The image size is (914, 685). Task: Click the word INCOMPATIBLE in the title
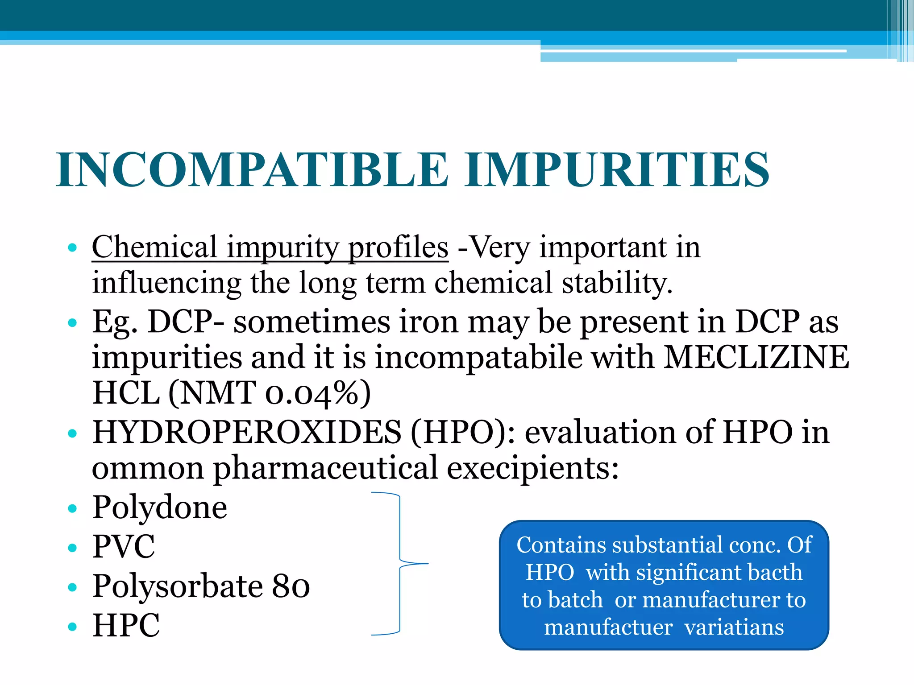click(252, 170)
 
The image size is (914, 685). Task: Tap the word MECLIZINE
click(756, 358)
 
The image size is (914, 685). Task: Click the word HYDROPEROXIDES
click(246, 432)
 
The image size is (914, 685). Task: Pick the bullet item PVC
click(124, 547)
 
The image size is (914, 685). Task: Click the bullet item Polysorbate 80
click(201, 586)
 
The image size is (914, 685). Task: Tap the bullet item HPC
click(126, 625)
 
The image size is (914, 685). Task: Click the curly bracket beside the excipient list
click(400, 564)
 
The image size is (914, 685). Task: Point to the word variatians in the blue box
click(734, 627)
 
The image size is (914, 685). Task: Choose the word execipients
click(533, 469)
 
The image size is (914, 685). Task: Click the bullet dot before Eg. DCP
click(72, 322)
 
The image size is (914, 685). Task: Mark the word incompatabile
click(478, 358)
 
